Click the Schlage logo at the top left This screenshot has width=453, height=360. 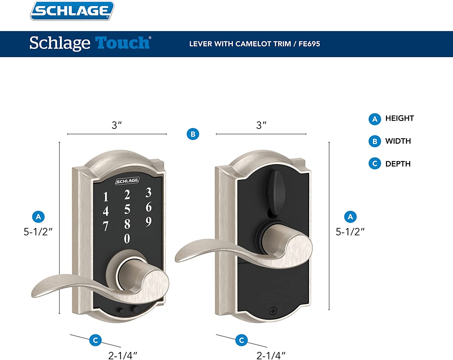[x=72, y=11]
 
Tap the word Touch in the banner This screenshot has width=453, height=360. [x=123, y=43]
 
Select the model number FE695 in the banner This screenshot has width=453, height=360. [x=309, y=44]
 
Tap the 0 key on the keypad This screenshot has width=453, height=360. [x=127, y=239]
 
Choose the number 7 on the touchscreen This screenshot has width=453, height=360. [x=106, y=226]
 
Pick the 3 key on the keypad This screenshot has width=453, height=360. [x=149, y=192]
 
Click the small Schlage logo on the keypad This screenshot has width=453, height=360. [x=127, y=181]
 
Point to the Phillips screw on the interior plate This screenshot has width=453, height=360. [x=273, y=311]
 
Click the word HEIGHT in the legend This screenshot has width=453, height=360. [x=400, y=118]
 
